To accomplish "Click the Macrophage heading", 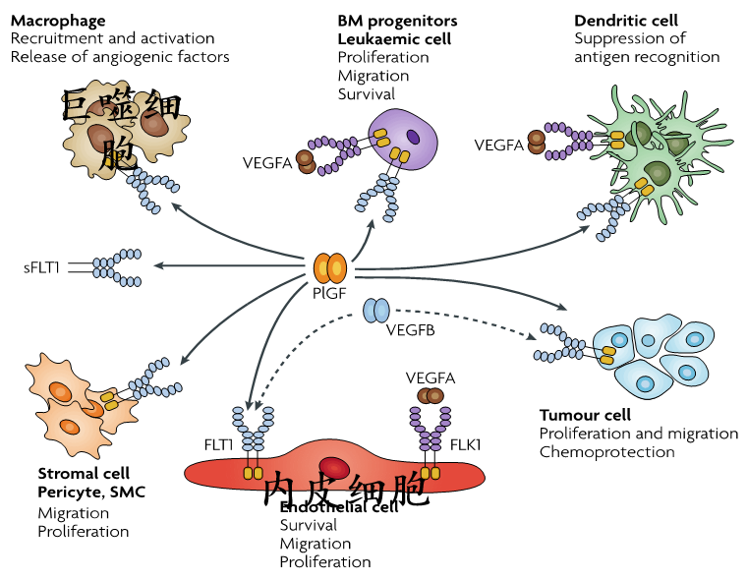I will coord(58,21).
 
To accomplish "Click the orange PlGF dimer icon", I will coord(329,267).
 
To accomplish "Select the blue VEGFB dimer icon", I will coord(376,311).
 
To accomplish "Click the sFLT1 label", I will coord(42,266).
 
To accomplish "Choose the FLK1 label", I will coord(466,445).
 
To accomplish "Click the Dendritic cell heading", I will coord(626,21).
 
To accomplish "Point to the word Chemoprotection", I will coord(606,452).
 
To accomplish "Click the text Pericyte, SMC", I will coord(91,492).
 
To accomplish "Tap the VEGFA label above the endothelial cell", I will coord(431,378).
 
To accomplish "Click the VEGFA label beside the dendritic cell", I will coord(499,145).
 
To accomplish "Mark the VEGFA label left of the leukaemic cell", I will coord(267,163).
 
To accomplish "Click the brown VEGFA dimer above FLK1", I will coord(431,395).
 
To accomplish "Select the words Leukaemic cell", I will coord(394,39).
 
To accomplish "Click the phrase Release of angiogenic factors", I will coord(120,57).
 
